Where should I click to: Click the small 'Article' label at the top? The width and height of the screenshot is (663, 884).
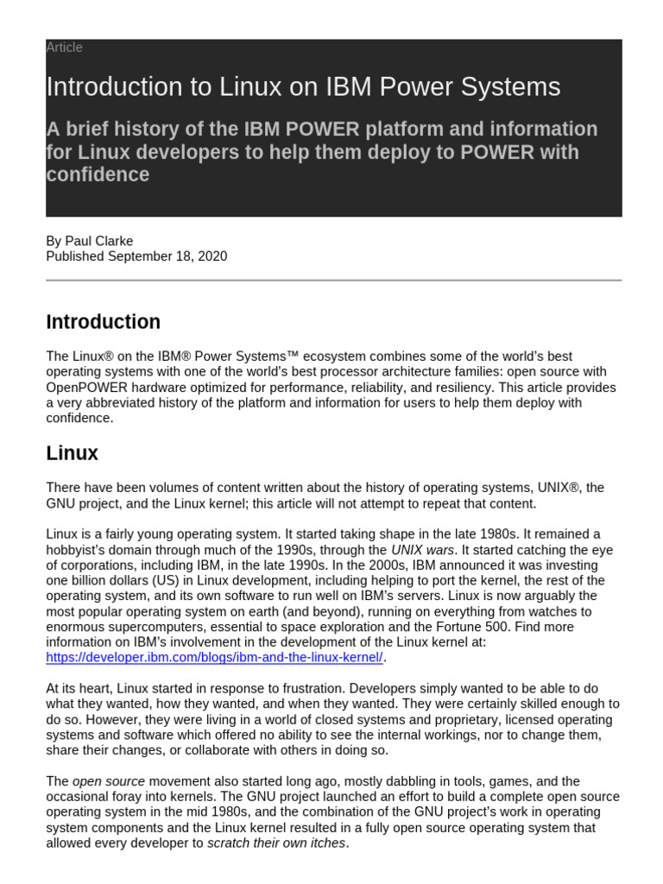(64, 47)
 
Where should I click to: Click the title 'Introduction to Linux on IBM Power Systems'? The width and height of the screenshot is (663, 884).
(303, 86)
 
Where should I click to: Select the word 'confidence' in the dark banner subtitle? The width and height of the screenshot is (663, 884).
(97, 174)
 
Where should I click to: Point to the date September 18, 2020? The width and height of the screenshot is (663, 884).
(167, 256)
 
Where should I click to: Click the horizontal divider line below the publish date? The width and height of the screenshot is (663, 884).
(333, 280)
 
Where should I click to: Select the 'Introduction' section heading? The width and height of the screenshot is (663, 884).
(103, 322)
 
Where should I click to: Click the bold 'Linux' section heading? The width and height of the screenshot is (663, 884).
(72, 453)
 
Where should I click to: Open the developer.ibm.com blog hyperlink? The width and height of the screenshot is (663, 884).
(214, 658)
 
